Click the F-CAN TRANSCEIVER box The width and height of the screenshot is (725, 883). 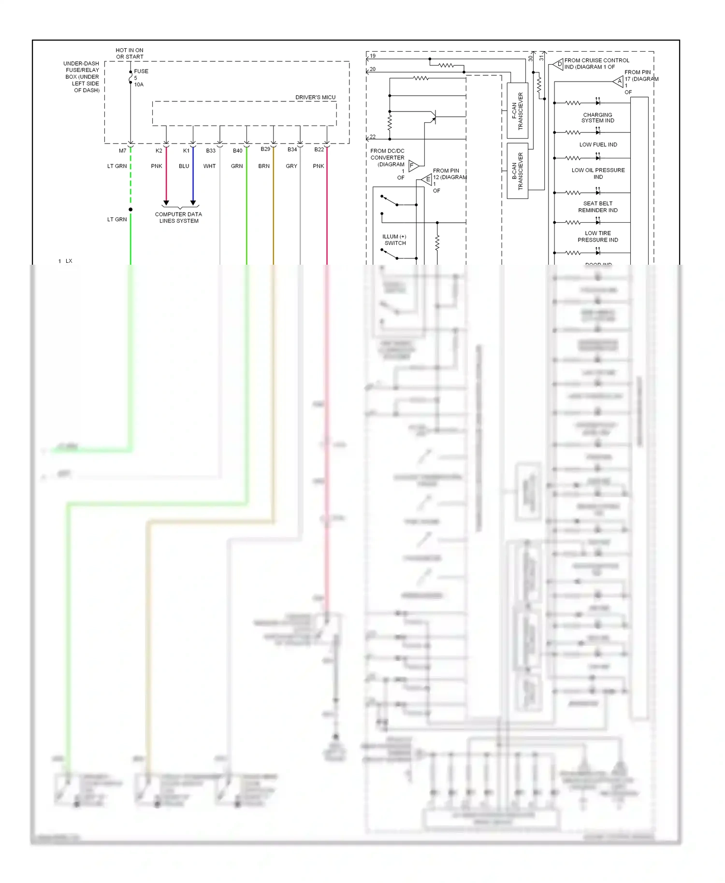click(517, 111)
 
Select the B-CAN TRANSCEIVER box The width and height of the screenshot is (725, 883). click(517, 171)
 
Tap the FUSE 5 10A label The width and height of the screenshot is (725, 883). click(141, 78)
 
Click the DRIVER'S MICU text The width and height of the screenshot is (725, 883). click(315, 97)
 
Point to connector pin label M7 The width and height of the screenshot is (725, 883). click(122, 151)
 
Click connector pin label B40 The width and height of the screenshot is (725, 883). click(237, 151)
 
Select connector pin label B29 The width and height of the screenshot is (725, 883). click(265, 149)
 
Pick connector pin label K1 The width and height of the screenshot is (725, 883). click(186, 151)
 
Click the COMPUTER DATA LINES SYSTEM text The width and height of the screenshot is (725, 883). click(178, 217)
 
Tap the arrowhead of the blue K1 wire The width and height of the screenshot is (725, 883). click(193, 203)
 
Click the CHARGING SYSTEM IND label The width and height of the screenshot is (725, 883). click(597, 118)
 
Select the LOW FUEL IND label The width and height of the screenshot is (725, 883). click(598, 144)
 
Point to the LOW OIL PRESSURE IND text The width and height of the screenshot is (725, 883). click(598, 173)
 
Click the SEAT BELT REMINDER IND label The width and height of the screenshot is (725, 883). click(597, 207)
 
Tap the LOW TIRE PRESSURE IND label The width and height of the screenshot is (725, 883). click(597, 236)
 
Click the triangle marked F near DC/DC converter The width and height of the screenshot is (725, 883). click(413, 166)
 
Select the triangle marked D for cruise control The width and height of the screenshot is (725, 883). click(559, 64)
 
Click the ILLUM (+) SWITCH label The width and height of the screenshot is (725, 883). click(394, 240)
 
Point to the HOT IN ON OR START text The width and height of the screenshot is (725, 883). click(130, 53)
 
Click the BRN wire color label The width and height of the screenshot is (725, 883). click(264, 166)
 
